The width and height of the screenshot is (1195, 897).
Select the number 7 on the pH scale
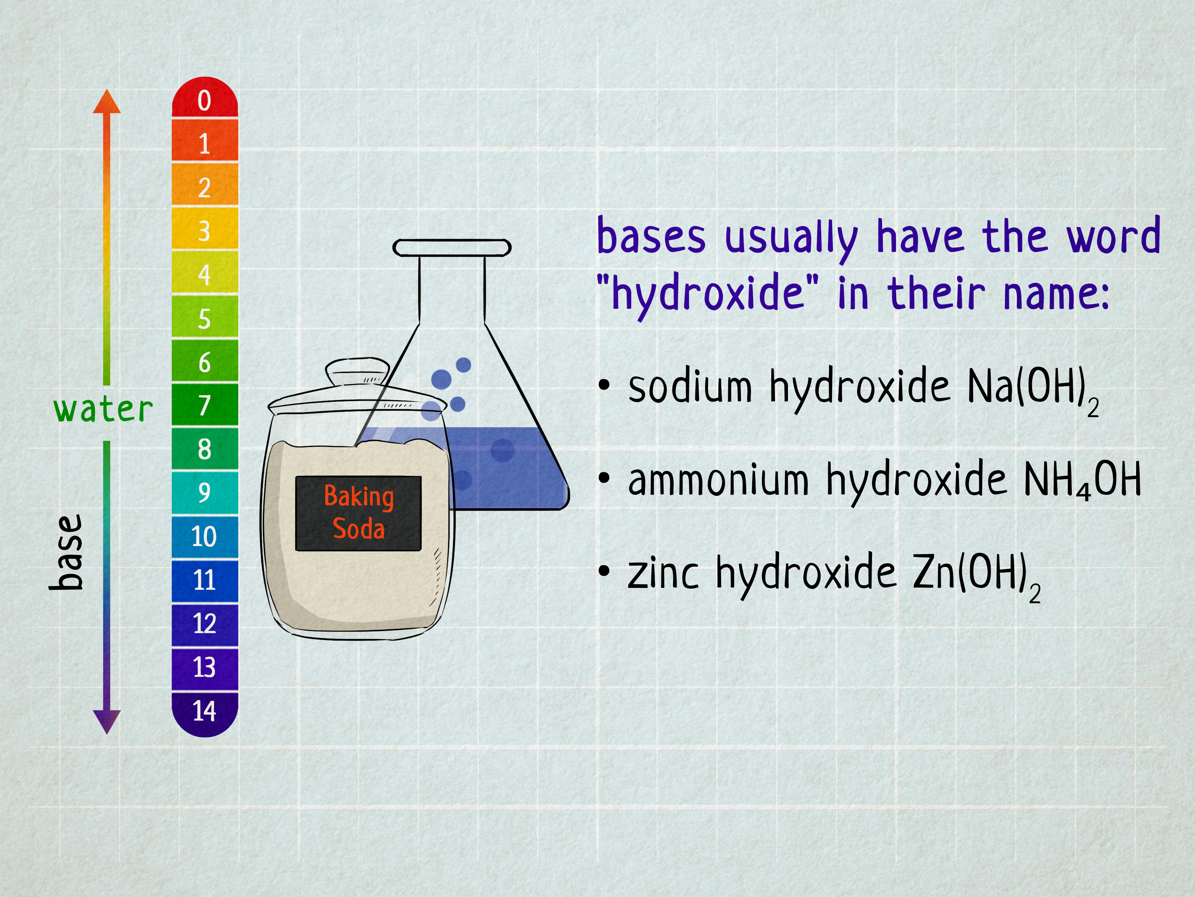(x=205, y=405)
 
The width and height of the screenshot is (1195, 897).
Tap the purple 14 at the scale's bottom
(x=205, y=714)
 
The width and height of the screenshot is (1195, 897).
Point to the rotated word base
(x=66, y=552)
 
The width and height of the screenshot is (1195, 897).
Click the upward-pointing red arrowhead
(x=107, y=102)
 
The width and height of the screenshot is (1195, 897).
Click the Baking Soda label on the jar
(x=358, y=513)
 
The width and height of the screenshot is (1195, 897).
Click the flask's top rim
(x=451, y=248)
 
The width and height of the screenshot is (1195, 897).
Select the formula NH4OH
(x=1083, y=481)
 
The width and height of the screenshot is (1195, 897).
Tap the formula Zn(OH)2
(x=976, y=576)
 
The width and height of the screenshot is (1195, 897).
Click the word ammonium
(x=718, y=480)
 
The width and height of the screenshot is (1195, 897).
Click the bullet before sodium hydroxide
(x=604, y=385)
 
